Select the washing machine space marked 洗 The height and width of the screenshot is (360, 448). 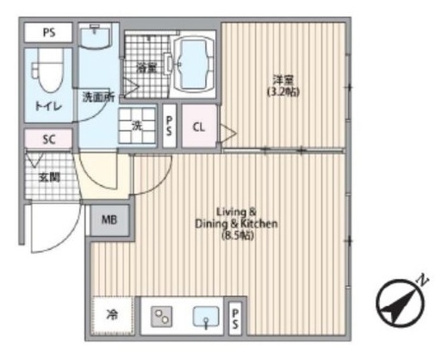tap(137, 126)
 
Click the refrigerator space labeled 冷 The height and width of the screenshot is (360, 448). tap(113, 315)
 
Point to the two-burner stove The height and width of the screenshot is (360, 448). tap(162, 317)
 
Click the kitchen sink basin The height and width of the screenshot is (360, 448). tap(206, 317)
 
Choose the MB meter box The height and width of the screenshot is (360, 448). tap(109, 220)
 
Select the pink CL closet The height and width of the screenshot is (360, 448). tap(199, 127)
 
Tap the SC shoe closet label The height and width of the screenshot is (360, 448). tap(49, 140)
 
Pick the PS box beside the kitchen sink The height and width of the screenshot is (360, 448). tap(235, 318)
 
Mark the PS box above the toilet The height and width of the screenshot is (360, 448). tap(49, 33)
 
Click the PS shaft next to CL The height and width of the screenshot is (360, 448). tap(169, 126)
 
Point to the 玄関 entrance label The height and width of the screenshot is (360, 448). tap(49, 177)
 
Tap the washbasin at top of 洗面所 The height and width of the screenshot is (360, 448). tap(96, 37)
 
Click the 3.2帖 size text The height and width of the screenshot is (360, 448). tap(283, 92)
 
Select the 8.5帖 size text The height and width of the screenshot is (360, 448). tap(238, 236)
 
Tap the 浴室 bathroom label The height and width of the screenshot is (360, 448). tap(146, 69)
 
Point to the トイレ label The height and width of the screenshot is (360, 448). tap(48, 107)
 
